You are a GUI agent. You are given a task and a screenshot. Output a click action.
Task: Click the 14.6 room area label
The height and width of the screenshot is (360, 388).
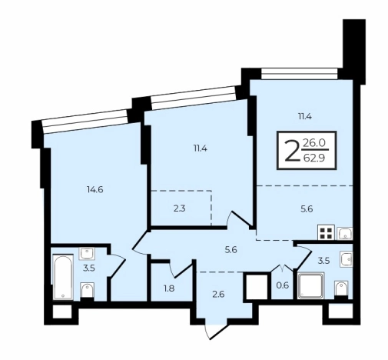(x=95, y=190)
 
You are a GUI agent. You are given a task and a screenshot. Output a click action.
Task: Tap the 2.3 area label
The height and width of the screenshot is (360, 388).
(x=179, y=208)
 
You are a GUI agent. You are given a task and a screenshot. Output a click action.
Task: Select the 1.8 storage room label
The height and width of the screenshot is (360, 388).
(x=169, y=288)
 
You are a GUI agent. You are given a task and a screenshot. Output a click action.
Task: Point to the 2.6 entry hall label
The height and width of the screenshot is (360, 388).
(x=218, y=294)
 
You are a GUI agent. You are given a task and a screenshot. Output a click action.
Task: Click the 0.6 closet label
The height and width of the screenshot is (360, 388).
(x=283, y=285)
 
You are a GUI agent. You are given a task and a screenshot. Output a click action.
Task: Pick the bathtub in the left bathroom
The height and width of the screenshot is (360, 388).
(x=63, y=276)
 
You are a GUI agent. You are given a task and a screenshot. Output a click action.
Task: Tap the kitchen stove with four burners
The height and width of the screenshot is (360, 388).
(x=326, y=232)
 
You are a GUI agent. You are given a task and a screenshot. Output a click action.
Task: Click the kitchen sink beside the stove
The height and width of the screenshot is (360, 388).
(x=345, y=233)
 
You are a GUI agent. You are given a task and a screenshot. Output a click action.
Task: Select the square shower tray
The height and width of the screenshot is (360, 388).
(x=310, y=285)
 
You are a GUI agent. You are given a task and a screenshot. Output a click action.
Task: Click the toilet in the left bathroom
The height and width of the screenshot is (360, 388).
(x=87, y=290)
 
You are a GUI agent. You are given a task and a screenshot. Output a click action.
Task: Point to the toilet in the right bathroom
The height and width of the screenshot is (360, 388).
(x=341, y=288)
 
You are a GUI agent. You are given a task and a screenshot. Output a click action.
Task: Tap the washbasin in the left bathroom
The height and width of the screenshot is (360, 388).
(x=87, y=254)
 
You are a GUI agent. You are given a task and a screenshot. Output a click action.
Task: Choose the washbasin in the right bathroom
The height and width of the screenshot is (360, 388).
(x=347, y=258)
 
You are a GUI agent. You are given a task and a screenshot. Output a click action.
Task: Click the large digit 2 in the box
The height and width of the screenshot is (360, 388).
(x=293, y=152)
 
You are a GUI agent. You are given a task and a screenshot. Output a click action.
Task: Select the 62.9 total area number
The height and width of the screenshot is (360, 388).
(x=314, y=158)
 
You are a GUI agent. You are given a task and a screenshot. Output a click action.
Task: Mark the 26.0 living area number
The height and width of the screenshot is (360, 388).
(x=314, y=143)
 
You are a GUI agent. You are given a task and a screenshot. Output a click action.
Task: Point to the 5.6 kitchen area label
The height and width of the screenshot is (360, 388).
(x=307, y=209)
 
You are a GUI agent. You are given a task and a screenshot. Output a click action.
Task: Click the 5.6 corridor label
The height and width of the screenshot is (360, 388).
(x=230, y=249)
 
